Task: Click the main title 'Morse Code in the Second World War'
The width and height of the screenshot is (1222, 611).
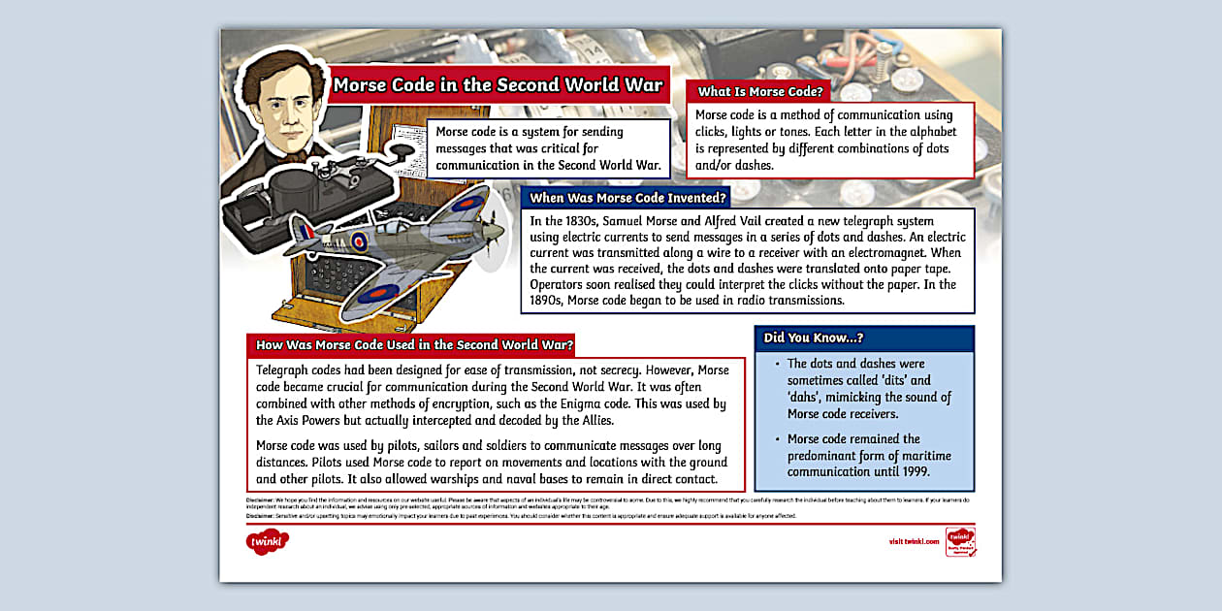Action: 498,84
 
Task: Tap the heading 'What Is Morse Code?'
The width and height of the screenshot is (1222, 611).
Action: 760,92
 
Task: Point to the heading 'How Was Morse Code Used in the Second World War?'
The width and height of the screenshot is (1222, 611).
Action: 414,344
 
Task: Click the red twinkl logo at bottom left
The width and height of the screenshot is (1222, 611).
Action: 268,542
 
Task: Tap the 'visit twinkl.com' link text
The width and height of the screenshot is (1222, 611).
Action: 914,541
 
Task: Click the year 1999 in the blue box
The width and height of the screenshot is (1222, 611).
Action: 913,471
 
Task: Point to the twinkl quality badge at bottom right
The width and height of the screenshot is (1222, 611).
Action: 960,541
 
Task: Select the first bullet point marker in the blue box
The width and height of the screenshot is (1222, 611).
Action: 777,365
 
